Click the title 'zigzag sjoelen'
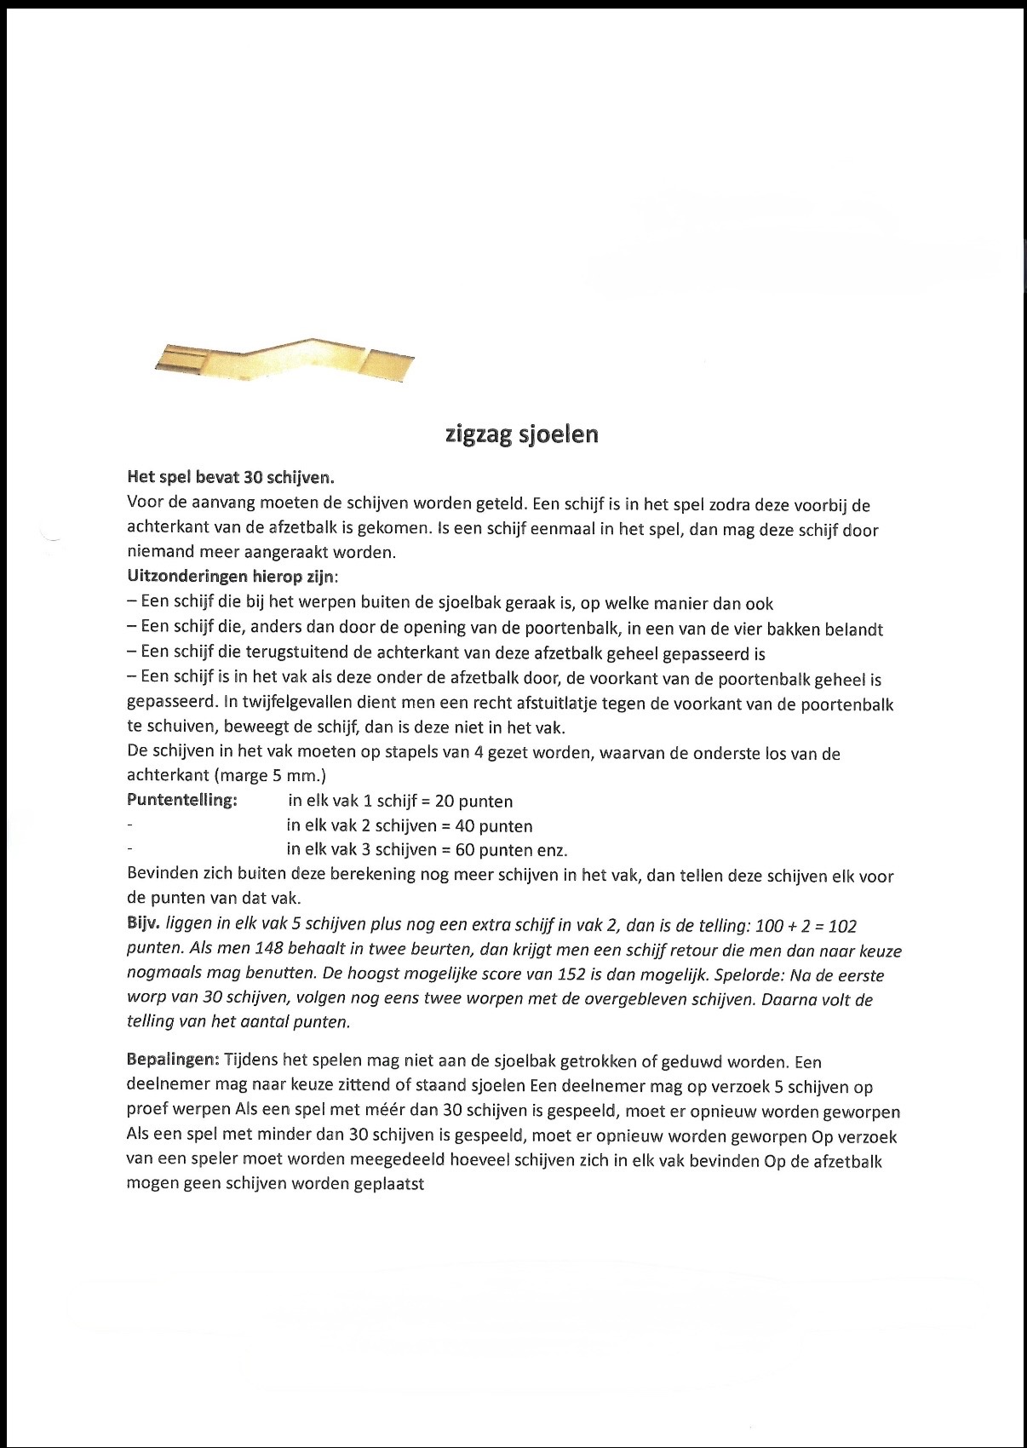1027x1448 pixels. point(522,434)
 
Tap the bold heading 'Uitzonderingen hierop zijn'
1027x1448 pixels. point(232,577)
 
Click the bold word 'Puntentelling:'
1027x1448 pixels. point(181,800)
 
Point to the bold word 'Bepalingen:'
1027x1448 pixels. point(174,1061)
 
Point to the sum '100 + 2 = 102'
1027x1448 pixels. point(800,926)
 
